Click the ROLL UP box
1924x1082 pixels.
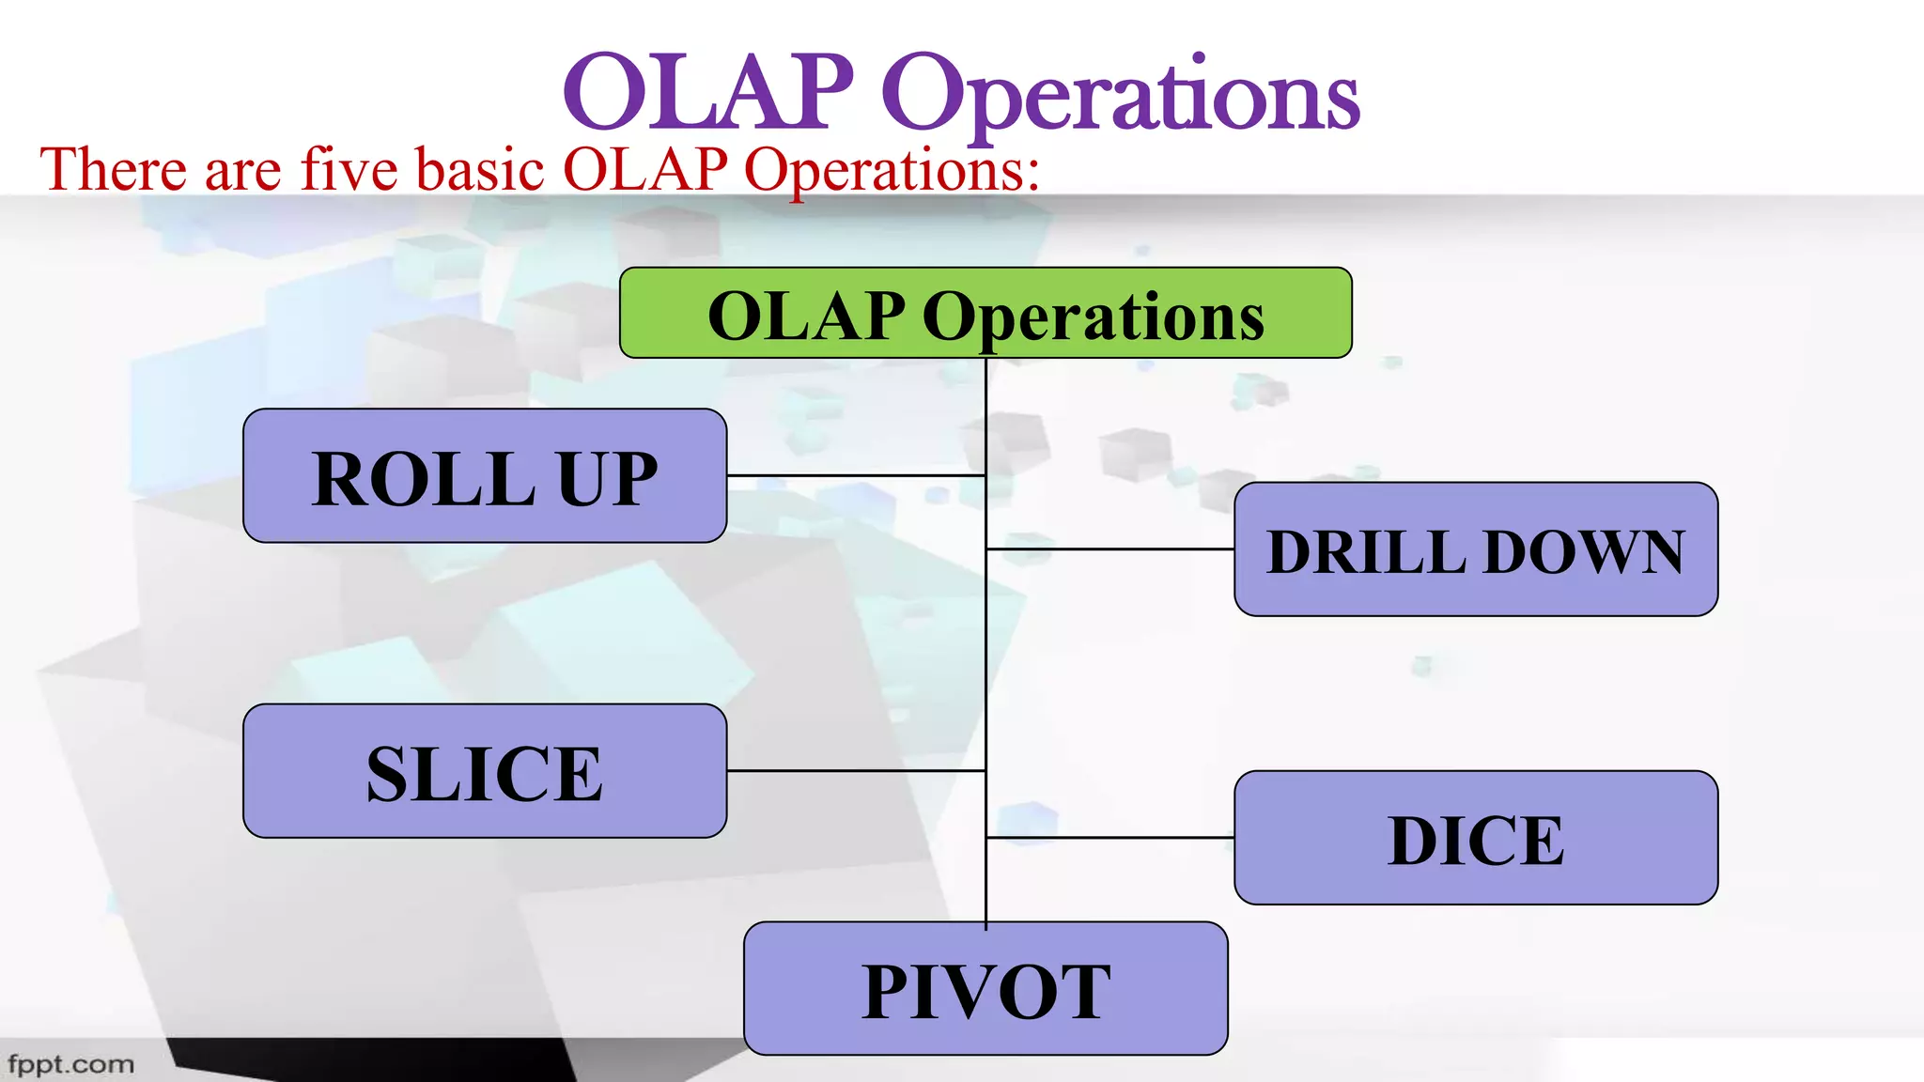(484, 475)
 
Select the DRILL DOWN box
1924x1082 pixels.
(1475, 549)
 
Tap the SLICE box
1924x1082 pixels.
(484, 771)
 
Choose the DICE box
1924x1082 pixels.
(1475, 838)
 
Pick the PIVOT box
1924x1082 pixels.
(985, 988)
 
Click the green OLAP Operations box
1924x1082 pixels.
(985, 313)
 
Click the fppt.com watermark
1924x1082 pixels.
(70, 1064)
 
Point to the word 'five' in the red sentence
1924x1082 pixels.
(349, 170)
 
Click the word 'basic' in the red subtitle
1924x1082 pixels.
(480, 170)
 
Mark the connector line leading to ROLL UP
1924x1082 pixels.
(855, 476)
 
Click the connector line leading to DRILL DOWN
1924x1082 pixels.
(1109, 549)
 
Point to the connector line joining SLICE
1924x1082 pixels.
(855, 771)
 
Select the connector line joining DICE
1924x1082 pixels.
(1109, 837)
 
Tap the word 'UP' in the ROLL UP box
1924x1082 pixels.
(607, 479)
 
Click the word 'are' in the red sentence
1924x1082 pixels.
(242, 172)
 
